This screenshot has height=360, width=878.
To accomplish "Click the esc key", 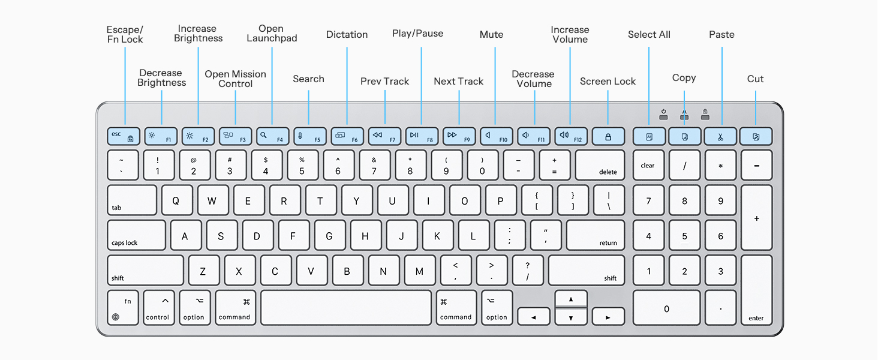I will [124, 136].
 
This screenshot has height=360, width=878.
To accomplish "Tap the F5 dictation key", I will [309, 136].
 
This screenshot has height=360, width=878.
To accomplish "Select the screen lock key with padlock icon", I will [608, 136].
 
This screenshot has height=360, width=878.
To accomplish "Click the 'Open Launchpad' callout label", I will [272, 34].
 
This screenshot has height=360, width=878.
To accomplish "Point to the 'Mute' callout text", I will [491, 35].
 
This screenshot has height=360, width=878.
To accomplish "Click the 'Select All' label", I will [649, 35].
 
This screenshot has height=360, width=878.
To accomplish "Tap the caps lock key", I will [136, 235].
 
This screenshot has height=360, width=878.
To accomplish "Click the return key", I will [595, 235].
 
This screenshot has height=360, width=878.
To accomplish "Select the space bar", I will [346, 308].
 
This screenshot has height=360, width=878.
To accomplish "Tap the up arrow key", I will [570, 298].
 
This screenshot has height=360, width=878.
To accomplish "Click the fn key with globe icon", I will [123, 308].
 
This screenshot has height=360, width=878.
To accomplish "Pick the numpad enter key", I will [756, 290].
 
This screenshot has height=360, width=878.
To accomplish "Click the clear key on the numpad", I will [648, 165].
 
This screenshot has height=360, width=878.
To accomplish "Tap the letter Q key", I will [176, 200].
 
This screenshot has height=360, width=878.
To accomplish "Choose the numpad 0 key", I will [666, 308].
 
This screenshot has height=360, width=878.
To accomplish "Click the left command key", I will [234, 308].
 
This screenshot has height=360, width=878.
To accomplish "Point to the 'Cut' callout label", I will [755, 79].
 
